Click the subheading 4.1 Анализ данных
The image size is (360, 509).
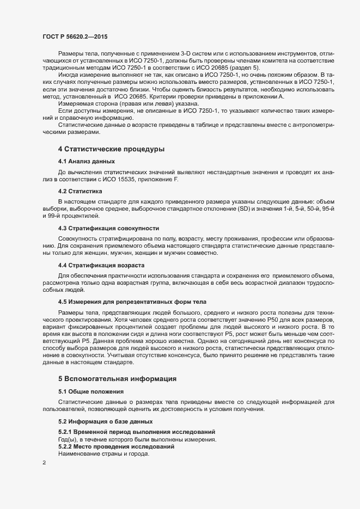(x=87, y=161)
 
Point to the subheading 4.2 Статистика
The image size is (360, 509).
(x=80, y=191)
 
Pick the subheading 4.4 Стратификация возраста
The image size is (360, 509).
(x=101, y=265)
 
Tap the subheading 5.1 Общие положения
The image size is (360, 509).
(x=91, y=391)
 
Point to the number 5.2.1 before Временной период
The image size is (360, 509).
(x=67, y=431)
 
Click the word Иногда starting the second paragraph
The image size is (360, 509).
(x=70, y=74)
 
